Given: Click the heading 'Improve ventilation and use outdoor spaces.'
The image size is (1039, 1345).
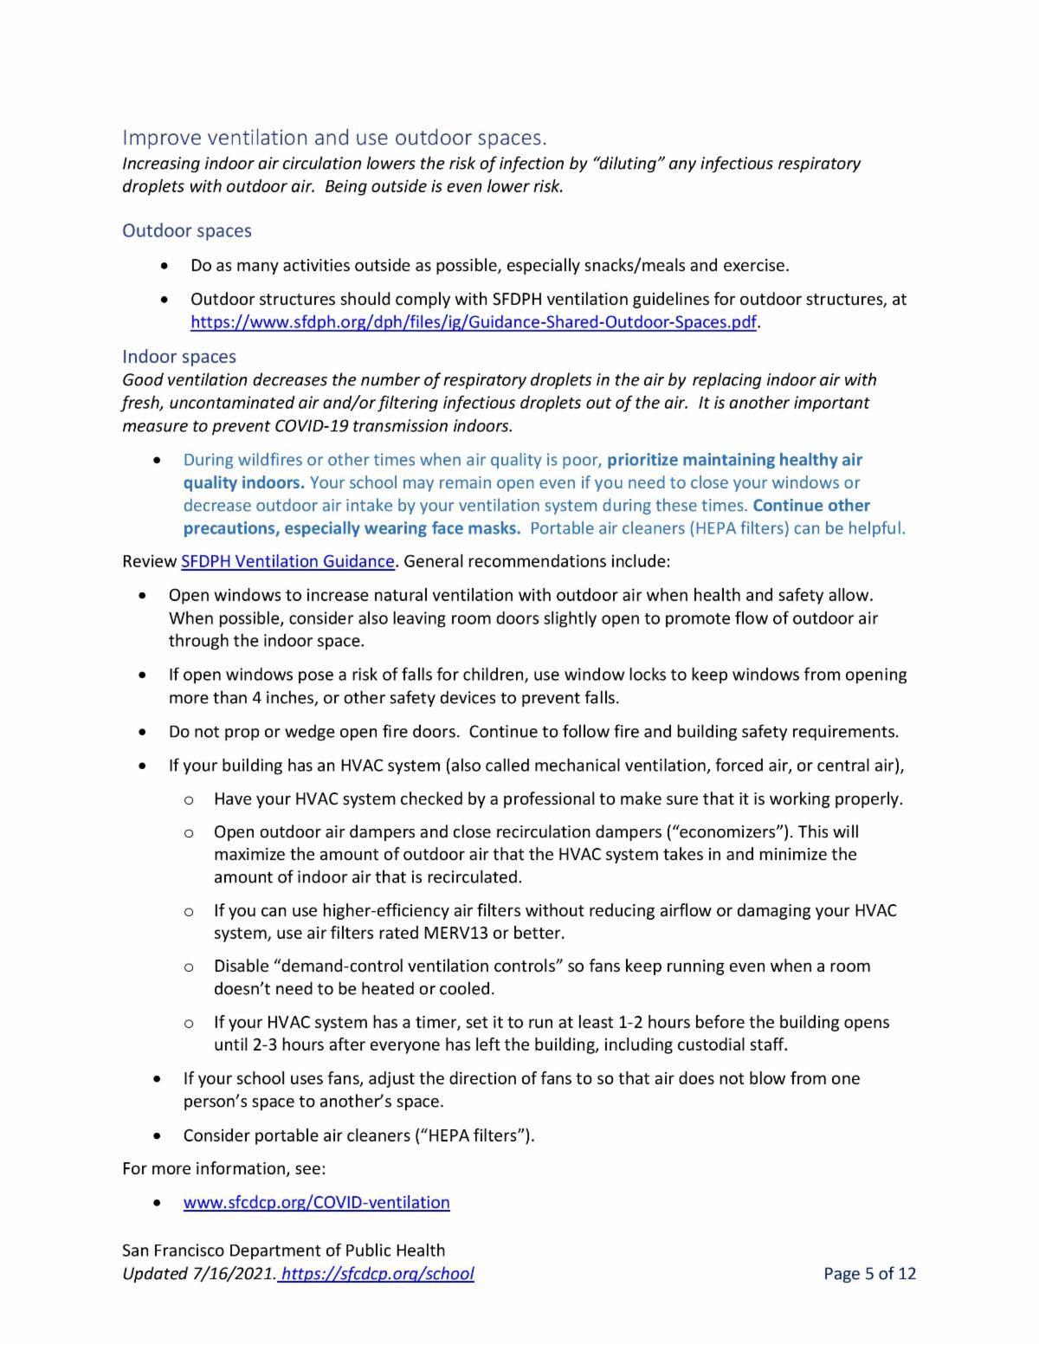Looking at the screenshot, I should [334, 138].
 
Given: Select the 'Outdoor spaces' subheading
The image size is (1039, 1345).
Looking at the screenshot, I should [187, 230].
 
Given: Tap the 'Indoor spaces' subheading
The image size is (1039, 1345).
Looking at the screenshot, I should [179, 357].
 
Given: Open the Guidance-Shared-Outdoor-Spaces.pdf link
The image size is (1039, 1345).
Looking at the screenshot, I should [474, 322].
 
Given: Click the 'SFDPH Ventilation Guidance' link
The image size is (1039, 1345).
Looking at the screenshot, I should [287, 561].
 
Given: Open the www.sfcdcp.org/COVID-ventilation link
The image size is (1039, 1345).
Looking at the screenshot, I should [317, 1202].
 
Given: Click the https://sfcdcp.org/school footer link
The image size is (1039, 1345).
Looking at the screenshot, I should [378, 1273].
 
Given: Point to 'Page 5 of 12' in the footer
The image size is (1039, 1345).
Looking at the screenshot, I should [869, 1273].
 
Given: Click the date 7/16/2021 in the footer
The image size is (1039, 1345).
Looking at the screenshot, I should [236, 1273].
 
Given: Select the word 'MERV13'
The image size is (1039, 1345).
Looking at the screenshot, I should [455, 933].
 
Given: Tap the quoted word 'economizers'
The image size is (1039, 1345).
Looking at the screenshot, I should [730, 831].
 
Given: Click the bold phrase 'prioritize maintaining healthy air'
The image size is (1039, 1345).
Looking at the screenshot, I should [735, 460].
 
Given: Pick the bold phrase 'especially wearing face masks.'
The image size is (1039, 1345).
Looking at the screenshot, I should [402, 528].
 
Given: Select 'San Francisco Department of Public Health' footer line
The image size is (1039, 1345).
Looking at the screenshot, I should [284, 1250].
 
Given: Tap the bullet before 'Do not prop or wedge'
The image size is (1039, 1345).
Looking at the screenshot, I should [142, 733].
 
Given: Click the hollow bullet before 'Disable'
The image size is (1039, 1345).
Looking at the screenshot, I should [188, 967].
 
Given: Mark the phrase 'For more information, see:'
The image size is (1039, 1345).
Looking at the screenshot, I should [224, 1168].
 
